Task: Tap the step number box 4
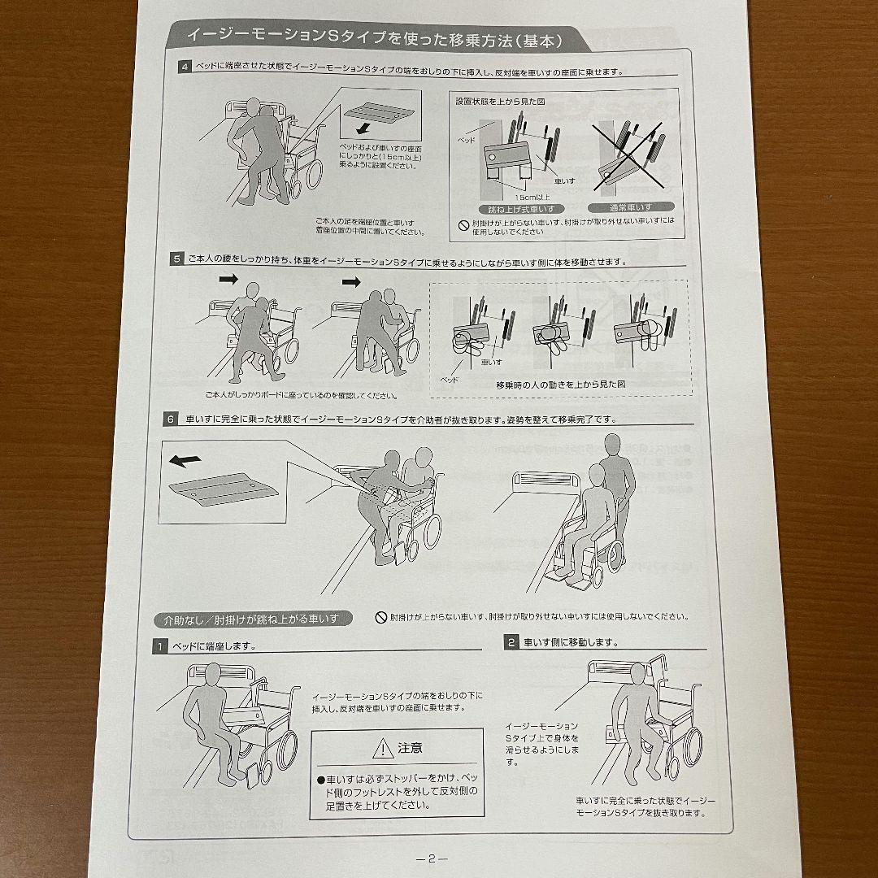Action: (x=185, y=67)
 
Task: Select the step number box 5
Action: (x=176, y=260)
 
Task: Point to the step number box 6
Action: (x=170, y=420)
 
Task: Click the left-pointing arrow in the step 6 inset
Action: (x=185, y=460)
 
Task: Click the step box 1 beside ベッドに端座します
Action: (x=163, y=646)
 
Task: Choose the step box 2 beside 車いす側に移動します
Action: (x=511, y=642)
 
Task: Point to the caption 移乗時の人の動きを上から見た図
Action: (x=560, y=385)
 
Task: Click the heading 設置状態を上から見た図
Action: (x=501, y=102)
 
